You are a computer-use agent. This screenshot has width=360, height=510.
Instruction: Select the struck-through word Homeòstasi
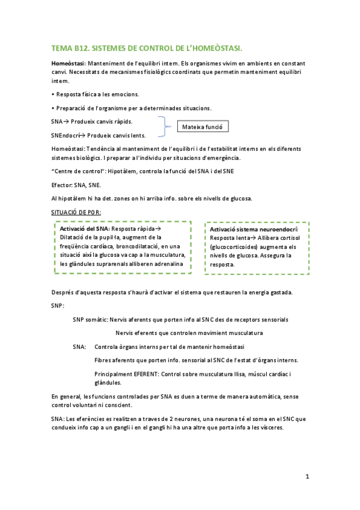pyautogui.click(x=68, y=63)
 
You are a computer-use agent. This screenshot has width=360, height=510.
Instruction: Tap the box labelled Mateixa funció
pyautogui.click(x=202, y=127)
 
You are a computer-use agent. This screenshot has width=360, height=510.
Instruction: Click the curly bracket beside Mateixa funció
pyautogui.click(x=163, y=128)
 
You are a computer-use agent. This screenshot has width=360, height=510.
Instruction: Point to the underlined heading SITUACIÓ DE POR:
pyautogui.click(x=76, y=212)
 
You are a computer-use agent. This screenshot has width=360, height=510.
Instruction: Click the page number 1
pyautogui.click(x=307, y=477)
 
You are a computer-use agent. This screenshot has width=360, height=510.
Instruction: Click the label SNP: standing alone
pyautogui.click(x=58, y=306)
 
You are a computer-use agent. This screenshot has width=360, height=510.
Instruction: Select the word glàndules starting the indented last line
pyautogui.click(x=108, y=382)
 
